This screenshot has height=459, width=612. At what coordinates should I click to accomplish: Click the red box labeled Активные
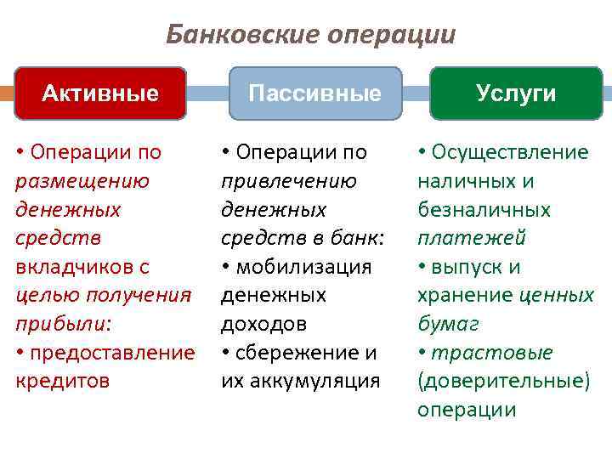pyautogui.click(x=100, y=93)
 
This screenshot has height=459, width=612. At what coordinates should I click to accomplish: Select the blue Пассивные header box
pyautogui.click(x=314, y=93)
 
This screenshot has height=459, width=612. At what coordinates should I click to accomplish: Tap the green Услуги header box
pyautogui.click(x=516, y=93)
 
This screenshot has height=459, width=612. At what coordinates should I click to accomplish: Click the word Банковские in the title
pyautogui.click(x=226, y=35)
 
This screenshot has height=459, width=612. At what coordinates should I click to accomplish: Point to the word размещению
pyautogui.click(x=82, y=181)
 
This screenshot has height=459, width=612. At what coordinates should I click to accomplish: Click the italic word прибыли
pyautogui.click(x=54, y=324)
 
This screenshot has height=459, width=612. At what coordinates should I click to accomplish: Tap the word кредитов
pyautogui.click(x=63, y=381)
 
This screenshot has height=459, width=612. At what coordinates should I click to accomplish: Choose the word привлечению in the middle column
pyautogui.click(x=289, y=181)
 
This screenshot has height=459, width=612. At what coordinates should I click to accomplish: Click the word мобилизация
pyautogui.click(x=304, y=267)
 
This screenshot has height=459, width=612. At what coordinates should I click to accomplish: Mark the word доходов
pyautogui.click(x=263, y=324)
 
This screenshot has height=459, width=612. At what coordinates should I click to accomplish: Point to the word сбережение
pyautogui.click(x=298, y=353)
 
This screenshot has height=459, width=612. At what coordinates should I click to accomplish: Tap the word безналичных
pyautogui.click(x=484, y=210)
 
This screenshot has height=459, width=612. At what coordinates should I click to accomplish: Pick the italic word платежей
pyautogui.click(x=471, y=238)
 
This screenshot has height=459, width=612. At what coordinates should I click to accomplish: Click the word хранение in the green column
pyautogui.click(x=464, y=296)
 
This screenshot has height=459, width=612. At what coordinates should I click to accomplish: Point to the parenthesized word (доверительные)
pyautogui.click(x=503, y=381)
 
